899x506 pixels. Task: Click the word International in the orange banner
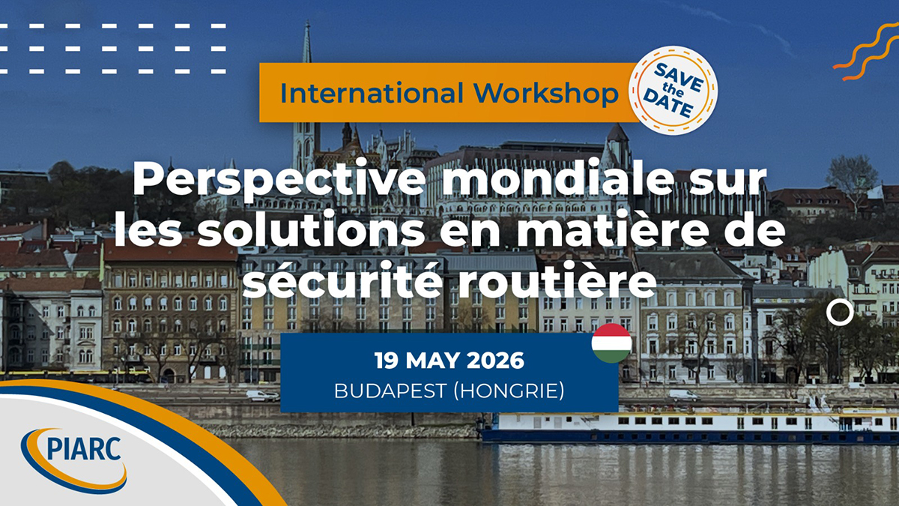tap(372, 93)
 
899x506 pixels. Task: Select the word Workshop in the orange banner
tap(546, 93)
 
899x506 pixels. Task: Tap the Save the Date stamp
tap(673, 91)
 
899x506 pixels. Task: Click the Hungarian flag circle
tap(611, 343)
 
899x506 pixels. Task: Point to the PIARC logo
tap(74, 460)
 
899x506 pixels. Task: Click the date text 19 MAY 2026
tap(449, 361)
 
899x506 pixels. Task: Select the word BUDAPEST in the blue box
tap(390, 391)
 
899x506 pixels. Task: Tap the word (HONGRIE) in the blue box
tap(509, 391)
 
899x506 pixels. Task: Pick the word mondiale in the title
tap(558, 178)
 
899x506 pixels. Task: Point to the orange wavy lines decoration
tap(867, 52)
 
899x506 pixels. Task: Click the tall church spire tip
tap(308, 21)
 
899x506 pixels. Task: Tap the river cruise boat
tap(688, 427)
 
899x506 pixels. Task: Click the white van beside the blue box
tap(262, 396)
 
